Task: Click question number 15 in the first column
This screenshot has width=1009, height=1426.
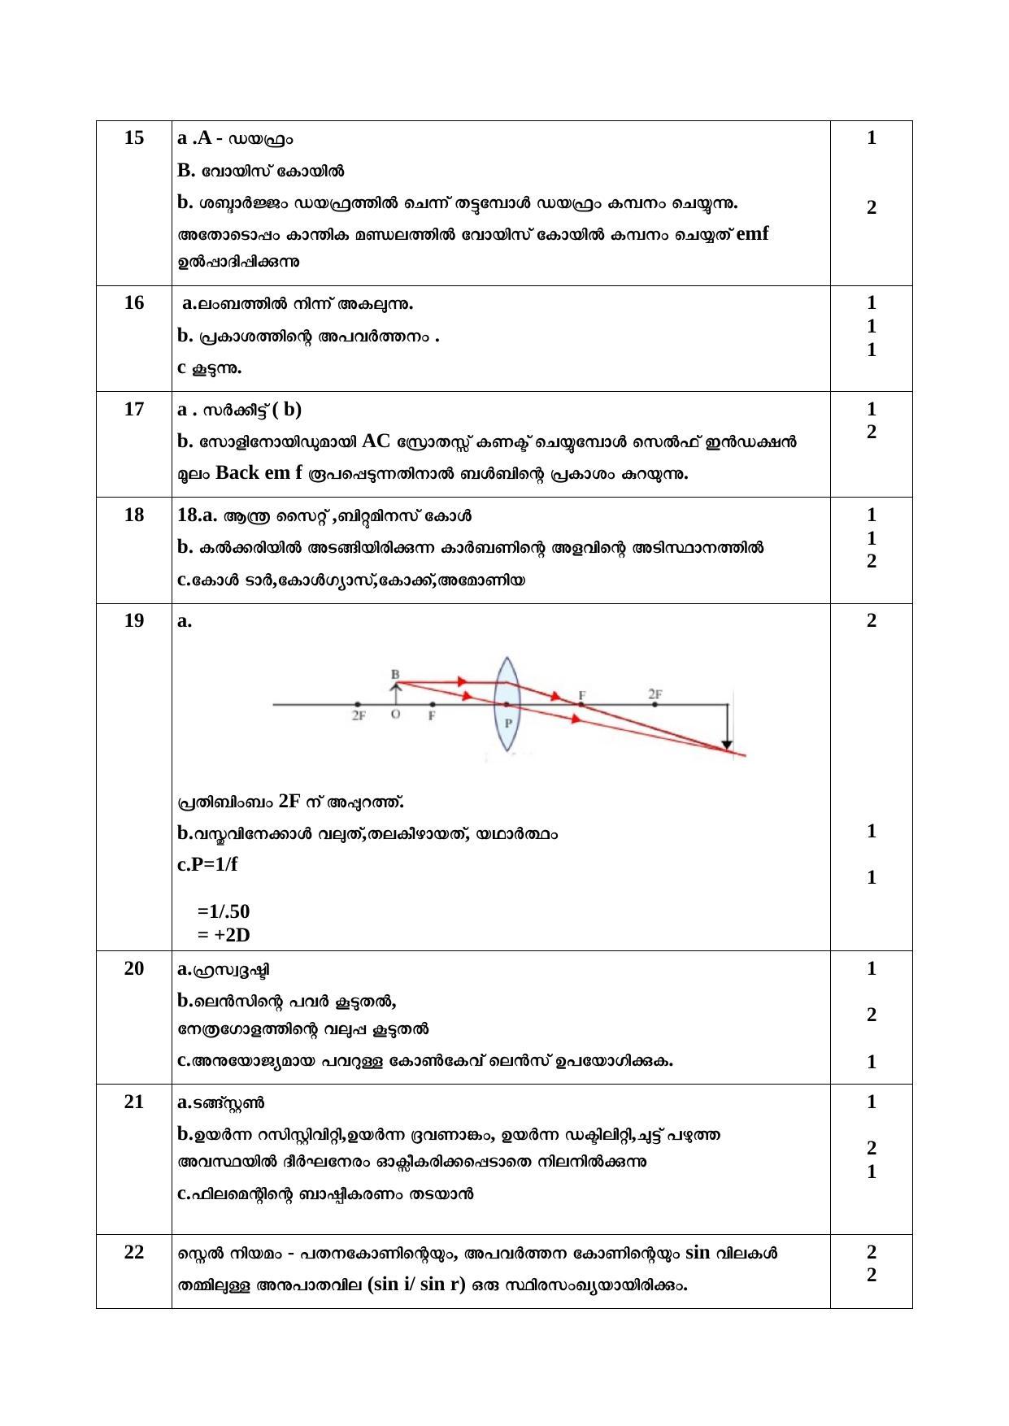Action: click(x=134, y=137)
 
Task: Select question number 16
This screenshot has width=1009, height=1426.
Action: click(x=134, y=302)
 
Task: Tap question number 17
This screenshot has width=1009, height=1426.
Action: click(x=134, y=409)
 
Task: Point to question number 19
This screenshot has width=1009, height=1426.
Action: click(x=134, y=620)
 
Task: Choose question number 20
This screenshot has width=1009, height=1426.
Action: click(x=134, y=968)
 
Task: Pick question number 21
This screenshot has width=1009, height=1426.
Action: click(x=134, y=1102)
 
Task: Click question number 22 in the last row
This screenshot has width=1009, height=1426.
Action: click(x=134, y=1252)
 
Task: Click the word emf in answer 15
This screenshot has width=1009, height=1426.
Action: click(x=752, y=234)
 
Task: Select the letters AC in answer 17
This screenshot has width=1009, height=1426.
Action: click(x=376, y=441)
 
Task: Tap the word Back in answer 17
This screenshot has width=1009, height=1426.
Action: click(x=238, y=472)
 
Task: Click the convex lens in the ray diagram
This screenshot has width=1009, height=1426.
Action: click(x=507, y=704)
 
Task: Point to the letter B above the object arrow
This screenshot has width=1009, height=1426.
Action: click(x=395, y=674)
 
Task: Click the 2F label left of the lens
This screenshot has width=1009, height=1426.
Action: click(x=359, y=716)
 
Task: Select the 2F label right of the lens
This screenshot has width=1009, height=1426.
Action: click(x=655, y=693)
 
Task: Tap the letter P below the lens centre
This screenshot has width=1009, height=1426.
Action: click(x=508, y=722)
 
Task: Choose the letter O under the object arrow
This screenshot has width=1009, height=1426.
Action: click(x=395, y=715)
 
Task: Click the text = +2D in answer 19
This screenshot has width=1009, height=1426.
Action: click(x=224, y=935)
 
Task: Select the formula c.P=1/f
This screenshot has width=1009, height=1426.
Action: click(x=207, y=864)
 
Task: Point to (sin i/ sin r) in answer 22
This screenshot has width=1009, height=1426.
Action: click(x=416, y=1285)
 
